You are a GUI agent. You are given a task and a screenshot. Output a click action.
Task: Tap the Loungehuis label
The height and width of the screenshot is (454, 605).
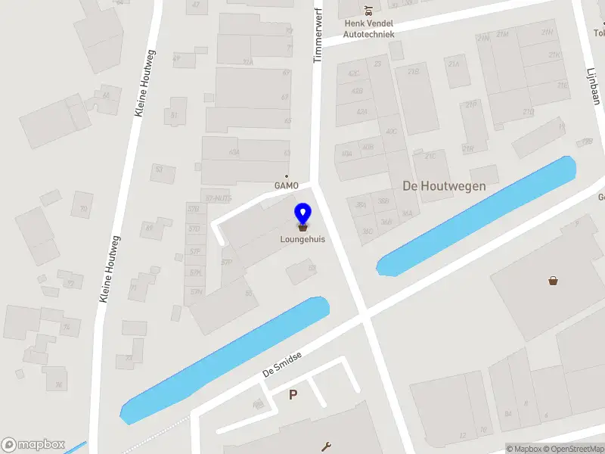(302, 240)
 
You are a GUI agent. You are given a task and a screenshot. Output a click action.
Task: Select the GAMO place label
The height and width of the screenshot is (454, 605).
(287, 185)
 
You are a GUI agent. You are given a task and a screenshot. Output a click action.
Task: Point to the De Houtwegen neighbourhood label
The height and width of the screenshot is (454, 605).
(444, 185)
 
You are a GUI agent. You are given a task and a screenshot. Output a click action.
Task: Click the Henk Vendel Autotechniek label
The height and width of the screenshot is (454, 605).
(368, 29)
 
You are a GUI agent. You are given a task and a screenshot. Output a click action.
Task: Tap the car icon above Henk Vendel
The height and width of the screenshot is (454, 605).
(368, 11)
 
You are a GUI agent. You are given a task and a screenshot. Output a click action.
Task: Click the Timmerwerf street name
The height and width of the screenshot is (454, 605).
(318, 38)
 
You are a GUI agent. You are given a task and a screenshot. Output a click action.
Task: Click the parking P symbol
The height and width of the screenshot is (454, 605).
(293, 394)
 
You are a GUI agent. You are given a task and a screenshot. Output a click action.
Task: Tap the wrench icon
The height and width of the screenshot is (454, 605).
(327, 446)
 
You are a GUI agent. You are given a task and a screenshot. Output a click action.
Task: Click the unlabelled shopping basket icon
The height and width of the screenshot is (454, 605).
(554, 281)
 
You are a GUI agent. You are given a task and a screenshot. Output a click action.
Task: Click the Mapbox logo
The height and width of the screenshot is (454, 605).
(33, 445)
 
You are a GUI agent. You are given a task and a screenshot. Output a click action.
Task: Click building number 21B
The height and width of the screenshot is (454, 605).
(413, 72)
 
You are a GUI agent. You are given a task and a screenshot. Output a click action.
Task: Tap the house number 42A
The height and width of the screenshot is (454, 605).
(361, 112)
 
